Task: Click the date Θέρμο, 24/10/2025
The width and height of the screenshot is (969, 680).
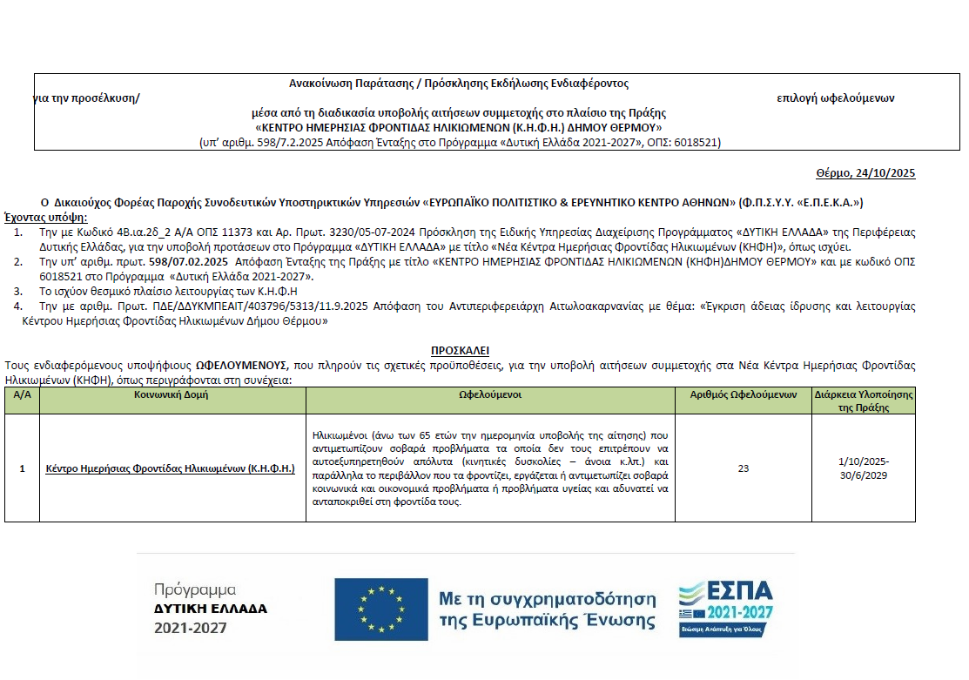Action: click(x=865, y=173)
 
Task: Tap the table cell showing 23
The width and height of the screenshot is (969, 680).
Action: click(x=743, y=468)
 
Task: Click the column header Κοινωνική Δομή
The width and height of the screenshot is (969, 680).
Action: click(x=172, y=394)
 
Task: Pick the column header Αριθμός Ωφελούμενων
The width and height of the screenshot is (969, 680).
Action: click(x=743, y=394)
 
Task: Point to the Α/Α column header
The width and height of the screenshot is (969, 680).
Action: click(x=21, y=394)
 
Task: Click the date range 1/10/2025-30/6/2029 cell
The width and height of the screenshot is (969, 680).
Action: click(x=863, y=468)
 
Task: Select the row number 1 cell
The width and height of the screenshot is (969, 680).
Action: click(x=22, y=468)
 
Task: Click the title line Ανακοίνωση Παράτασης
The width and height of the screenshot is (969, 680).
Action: click(x=459, y=84)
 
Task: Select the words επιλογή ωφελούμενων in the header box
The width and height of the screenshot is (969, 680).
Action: click(x=835, y=98)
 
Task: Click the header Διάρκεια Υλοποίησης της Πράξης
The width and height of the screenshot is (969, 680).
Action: click(x=863, y=401)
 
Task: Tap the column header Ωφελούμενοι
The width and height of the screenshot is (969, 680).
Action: click(x=490, y=394)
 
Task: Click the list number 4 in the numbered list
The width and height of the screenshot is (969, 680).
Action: click(x=18, y=306)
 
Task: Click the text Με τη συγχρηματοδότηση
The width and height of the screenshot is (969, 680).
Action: click(x=547, y=599)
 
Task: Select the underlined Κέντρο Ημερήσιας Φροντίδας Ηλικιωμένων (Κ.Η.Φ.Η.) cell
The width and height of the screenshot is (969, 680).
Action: click(x=170, y=468)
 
